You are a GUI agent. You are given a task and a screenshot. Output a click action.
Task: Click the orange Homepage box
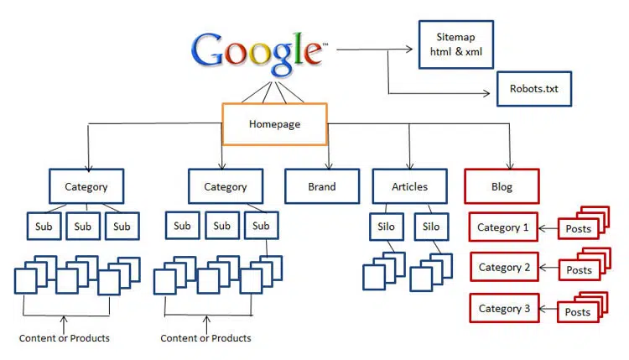(x=273, y=124)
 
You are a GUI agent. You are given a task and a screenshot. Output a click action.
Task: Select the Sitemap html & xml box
(x=454, y=45)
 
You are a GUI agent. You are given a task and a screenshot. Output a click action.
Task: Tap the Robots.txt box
(x=534, y=88)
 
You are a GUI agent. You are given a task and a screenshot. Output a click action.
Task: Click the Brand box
(x=321, y=186)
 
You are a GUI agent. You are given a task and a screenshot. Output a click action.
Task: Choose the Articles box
(x=409, y=186)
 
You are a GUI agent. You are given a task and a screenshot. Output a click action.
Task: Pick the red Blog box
(x=502, y=186)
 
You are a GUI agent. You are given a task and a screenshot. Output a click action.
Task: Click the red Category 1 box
(x=503, y=227)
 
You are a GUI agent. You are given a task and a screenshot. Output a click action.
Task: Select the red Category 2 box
(x=503, y=267)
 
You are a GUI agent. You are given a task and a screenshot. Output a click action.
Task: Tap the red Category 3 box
(x=503, y=308)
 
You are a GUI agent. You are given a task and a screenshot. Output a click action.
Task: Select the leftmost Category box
(x=86, y=186)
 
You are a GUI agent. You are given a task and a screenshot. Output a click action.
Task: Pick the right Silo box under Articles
(x=430, y=227)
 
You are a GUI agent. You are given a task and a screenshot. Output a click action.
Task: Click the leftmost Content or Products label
(x=65, y=338)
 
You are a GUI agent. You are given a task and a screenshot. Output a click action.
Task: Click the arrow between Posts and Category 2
(x=548, y=268)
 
